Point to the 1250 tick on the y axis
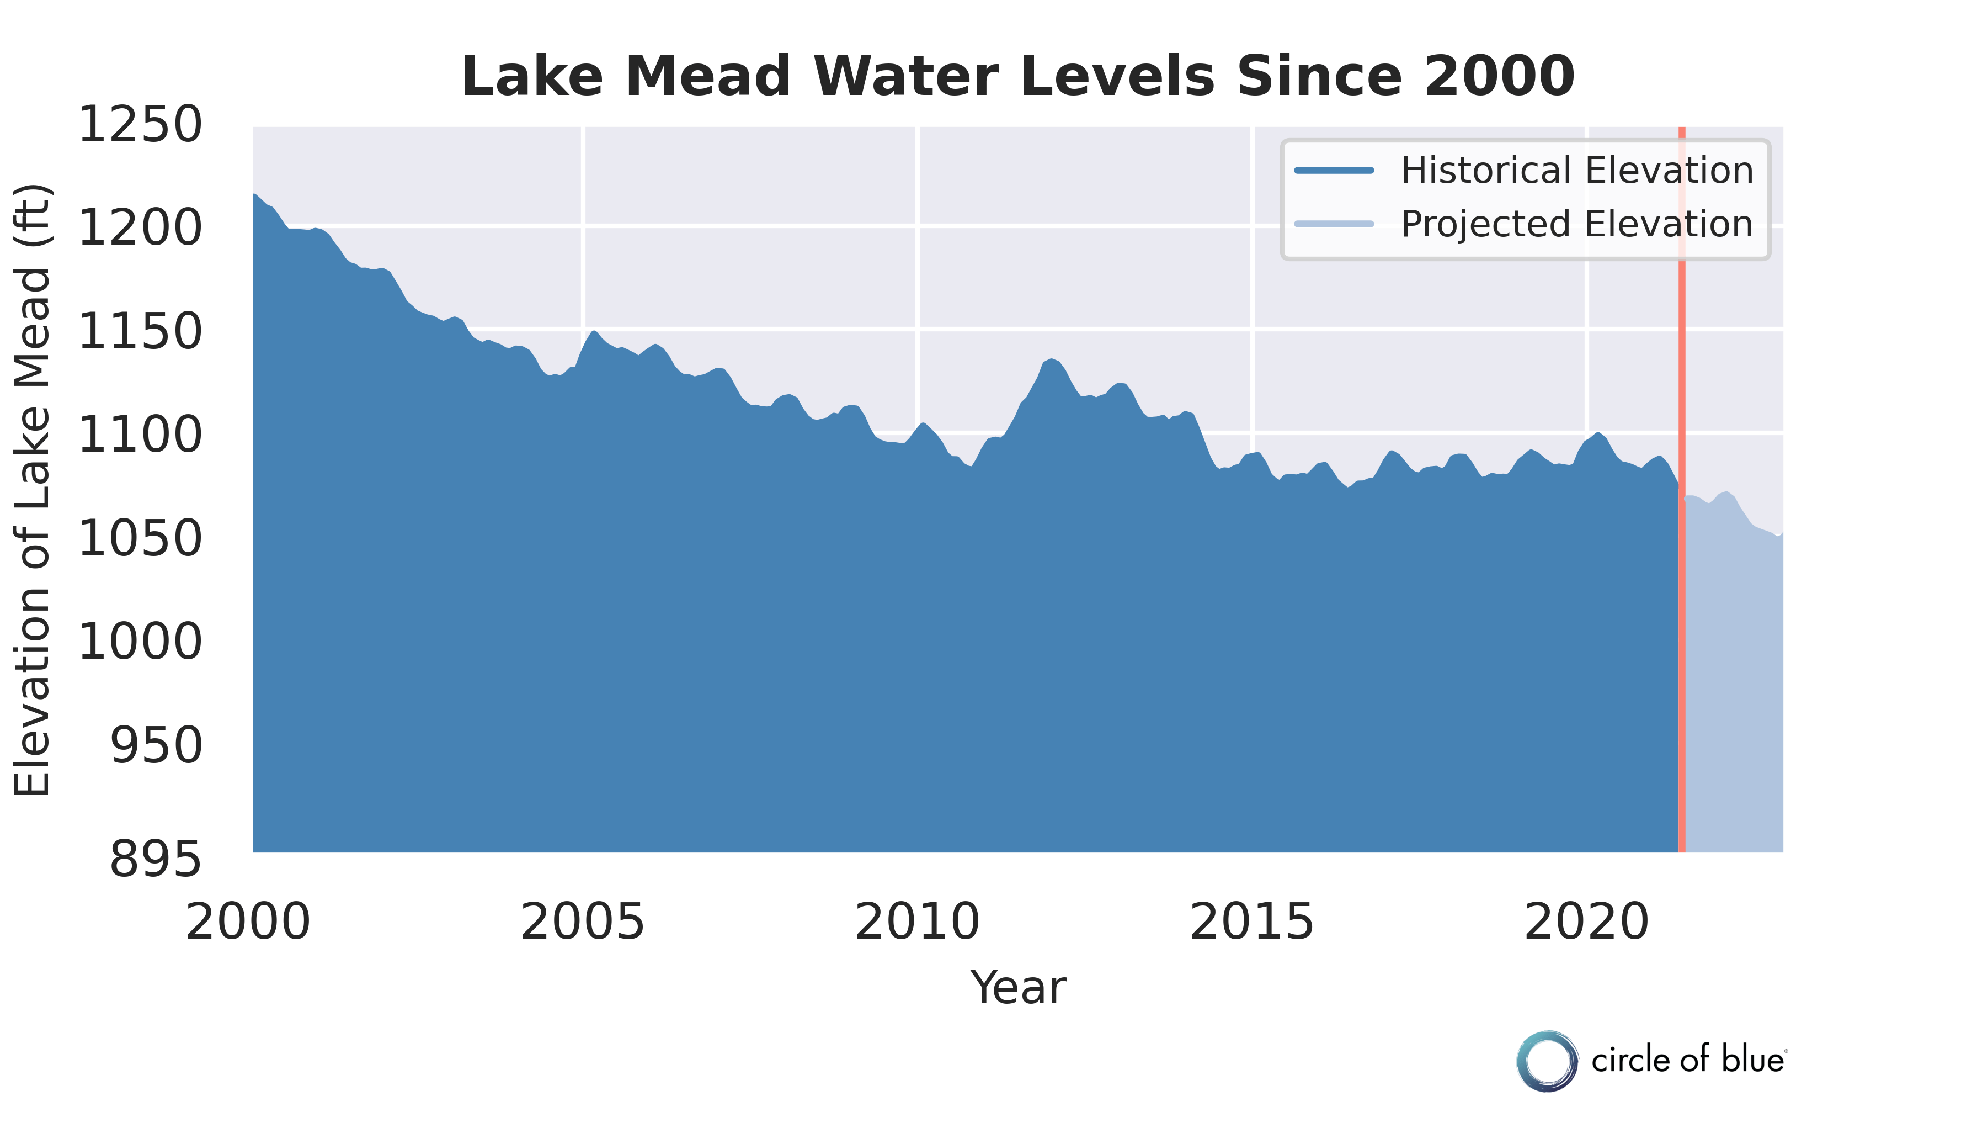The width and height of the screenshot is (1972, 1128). coord(140,125)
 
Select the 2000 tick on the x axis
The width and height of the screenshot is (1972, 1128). coord(248,922)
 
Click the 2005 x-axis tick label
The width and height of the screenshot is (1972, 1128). coord(582,922)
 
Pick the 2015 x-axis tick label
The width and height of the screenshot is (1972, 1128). coord(1252,922)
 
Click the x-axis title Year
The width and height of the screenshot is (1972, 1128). coord(1017,988)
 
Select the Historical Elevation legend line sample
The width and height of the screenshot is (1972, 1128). coord(1334,171)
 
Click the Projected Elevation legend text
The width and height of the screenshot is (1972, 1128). coord(1576,224)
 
